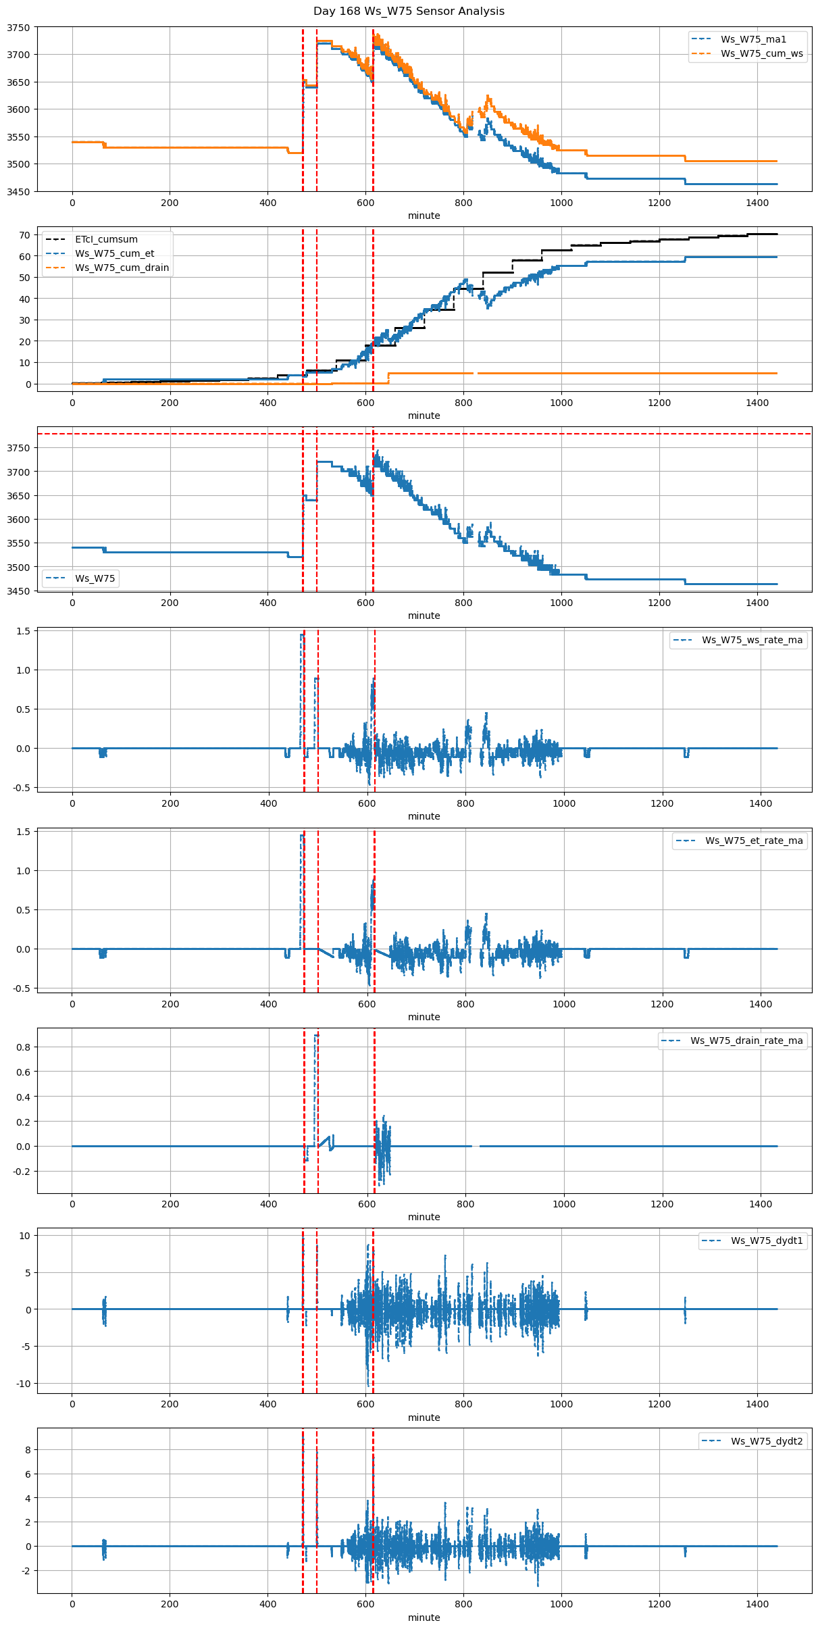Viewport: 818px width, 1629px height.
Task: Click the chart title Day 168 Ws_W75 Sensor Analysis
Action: point(409,11)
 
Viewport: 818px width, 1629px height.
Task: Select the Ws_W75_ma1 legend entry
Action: point(753,39)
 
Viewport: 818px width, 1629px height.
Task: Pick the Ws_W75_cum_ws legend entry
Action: point(761,53)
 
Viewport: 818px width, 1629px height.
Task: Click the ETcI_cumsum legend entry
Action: point(106,239)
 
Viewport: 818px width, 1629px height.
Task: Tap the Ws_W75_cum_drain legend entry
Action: point(122,268)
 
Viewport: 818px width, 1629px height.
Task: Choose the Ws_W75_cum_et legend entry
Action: point(114,253)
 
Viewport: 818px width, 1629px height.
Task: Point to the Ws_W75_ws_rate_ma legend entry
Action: point(752,640)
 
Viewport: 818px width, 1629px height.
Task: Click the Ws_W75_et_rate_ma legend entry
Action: point(754,841)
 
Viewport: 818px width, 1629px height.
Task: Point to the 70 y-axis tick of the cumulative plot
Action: point(25,235)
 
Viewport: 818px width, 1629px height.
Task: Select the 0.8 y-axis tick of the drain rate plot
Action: point(22,1047)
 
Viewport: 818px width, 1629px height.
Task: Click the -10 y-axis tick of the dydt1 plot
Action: point(22,1384)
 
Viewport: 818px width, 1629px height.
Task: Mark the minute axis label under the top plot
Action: point(424,216)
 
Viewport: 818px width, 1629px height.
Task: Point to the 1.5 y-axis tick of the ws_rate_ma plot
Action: point(22,631)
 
